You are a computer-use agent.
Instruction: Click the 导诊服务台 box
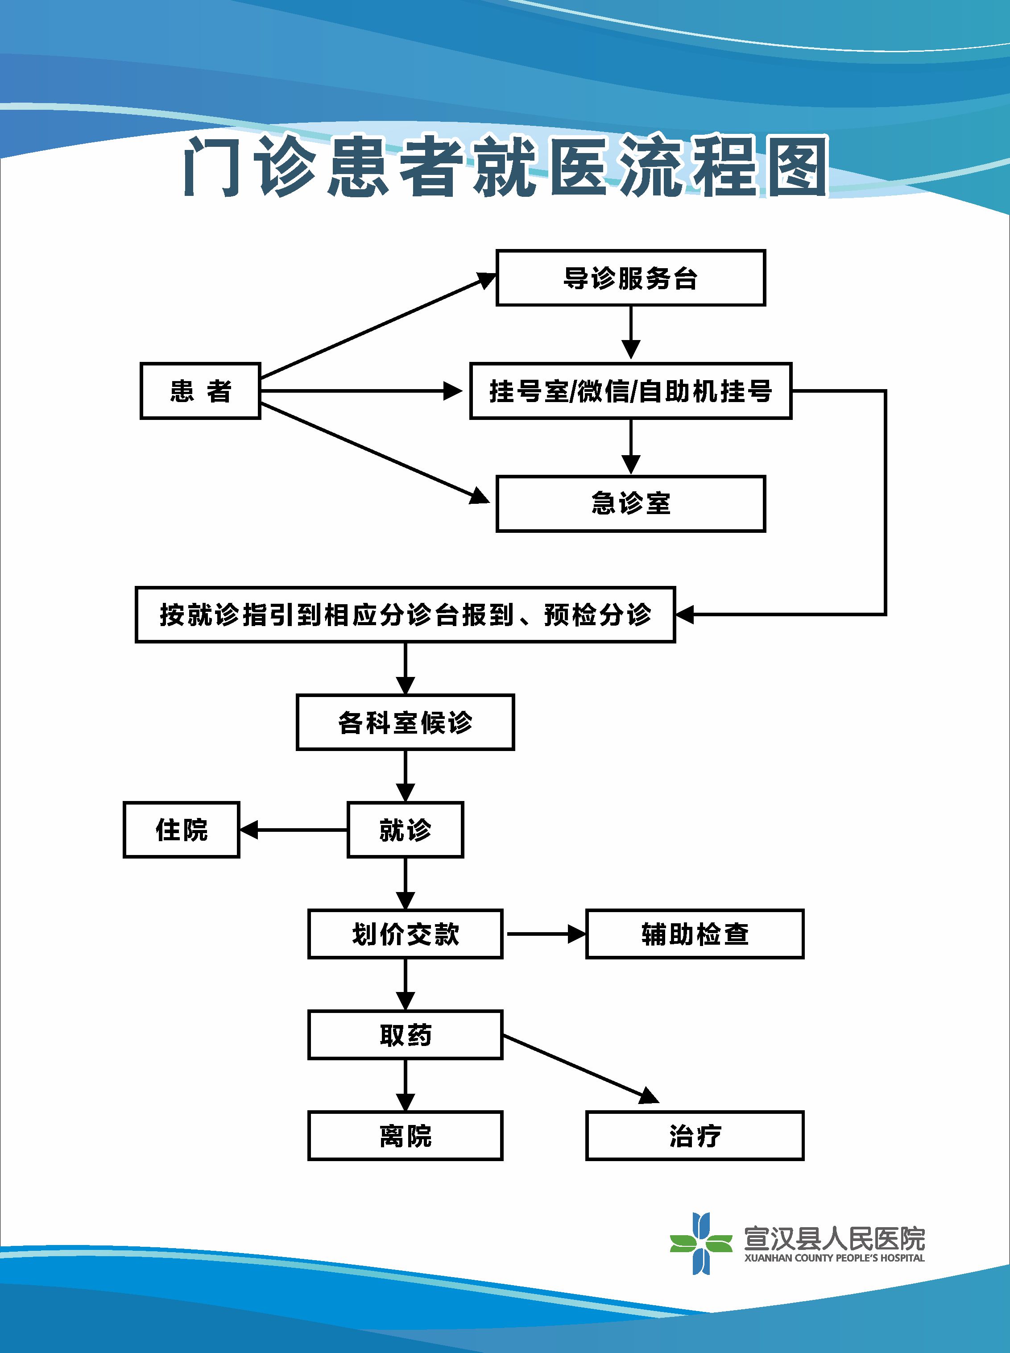tap(630, 278)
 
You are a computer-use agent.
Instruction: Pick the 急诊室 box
tap(630, 504)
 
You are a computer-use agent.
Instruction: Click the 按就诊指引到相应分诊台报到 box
tap(405, 615)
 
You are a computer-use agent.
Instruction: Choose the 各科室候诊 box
tap(405, 722)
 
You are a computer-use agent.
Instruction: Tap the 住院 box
tap(182, 830)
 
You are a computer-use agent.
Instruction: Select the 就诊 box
tap(405, 830)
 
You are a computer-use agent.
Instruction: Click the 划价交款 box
tap(405, 934)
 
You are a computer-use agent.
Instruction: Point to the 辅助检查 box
tap(695, 934)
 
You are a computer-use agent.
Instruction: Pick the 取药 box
tap(405, 1035)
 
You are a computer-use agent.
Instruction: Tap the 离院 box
tap(405, 1136)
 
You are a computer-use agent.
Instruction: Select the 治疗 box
tap(695, 1136)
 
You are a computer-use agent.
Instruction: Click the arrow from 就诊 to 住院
tap(294, 830)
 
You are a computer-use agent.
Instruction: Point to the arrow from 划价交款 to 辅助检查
tap(544, 934)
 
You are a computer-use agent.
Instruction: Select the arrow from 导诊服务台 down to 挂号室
tap(630, 333)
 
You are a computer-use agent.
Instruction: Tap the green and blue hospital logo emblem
tap(701, 1244)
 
